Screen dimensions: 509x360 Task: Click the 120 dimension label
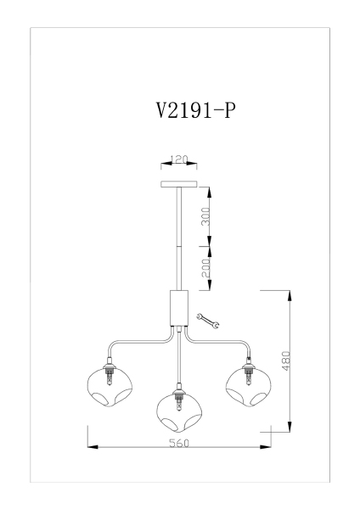pyautogui.click(x=178, y=159)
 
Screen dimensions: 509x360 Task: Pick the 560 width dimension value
pyautogui.click(x=179, y=443)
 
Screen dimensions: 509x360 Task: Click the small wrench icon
pyautogui.click(x=207, y=320)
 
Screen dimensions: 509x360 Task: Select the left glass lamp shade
pyautogui.click(x=107, y=386)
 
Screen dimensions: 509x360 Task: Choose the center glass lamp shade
pyautogui.click(x=178, y=412)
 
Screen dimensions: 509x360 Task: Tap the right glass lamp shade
pyautogui.click(x=249, y=386)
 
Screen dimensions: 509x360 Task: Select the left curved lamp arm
pyautogui.click(x=136, y=343)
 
